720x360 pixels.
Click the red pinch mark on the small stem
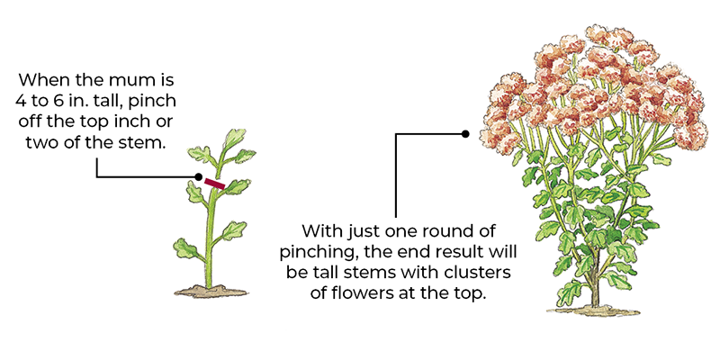click(214, 184)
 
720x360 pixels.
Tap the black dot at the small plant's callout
click(197, 176)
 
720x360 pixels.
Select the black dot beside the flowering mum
click(465, 134)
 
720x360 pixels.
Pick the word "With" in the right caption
click(320, 229)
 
